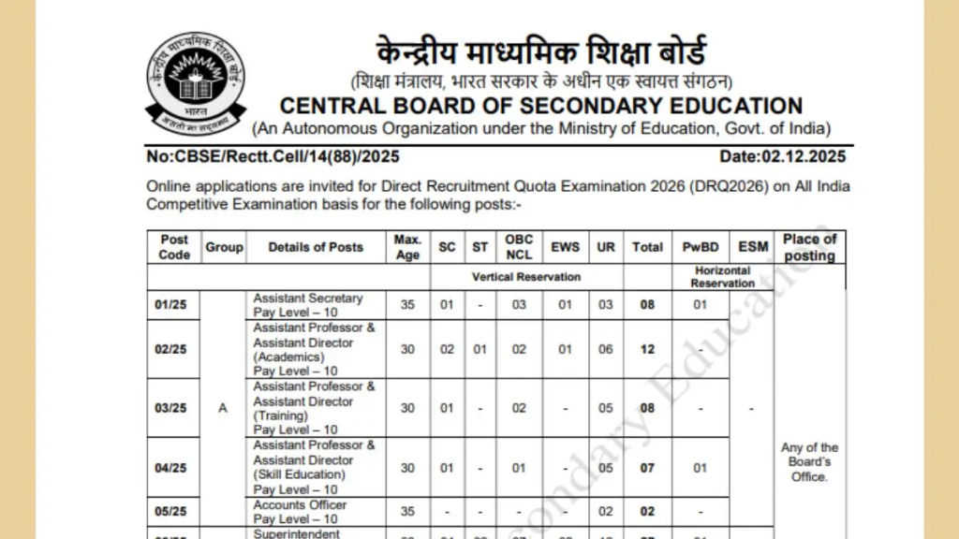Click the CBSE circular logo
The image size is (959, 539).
click(195, 82)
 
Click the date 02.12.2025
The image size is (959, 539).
click(782, 157)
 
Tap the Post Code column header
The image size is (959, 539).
click(174, 247)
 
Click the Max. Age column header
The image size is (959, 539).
click(407, 247)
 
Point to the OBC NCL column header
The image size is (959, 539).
click(519, 247)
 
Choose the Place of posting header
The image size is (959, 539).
click(809, 247)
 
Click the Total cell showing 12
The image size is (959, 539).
click(647, 349)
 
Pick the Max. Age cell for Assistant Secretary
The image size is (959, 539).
click(407, 305)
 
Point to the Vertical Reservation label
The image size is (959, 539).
click(526, 277)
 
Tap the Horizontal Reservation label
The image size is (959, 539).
click(722, 277)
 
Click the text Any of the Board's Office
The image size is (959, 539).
click(809, 462)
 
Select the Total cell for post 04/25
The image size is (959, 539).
click(647, 468)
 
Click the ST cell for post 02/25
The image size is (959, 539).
click(480, 349)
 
